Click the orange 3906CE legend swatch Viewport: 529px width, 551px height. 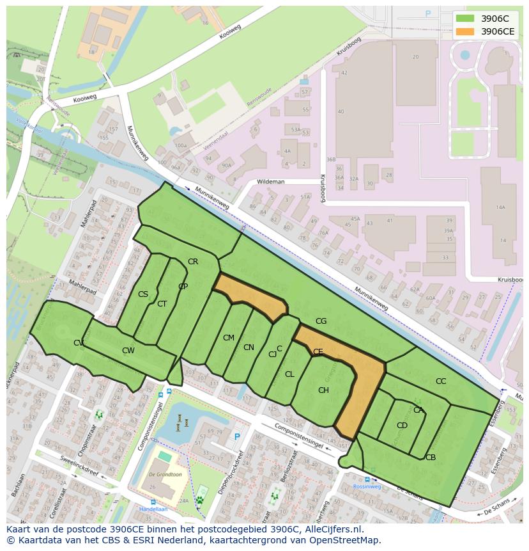pos(465,31)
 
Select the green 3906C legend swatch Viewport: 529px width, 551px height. pos(465,19)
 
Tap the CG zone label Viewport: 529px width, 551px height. pos(321,321)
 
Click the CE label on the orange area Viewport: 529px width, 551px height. pos(318,352)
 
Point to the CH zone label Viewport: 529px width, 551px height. pos(323,390)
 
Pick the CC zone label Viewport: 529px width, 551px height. pos(441,381)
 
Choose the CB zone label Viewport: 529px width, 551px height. pos(431,458)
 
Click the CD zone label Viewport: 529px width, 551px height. pos(402,426)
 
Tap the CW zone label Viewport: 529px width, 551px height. pos(128,351)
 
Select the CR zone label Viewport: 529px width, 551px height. pos(193,262)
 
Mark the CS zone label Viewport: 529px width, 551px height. pos(143,295)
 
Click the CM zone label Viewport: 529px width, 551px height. pos(228,338)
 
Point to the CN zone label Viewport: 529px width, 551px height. pos(249,347)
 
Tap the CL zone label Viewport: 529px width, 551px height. pos(289,374)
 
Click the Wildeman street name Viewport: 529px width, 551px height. pos(270,182)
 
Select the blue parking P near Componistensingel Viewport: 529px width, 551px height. pos(238,436)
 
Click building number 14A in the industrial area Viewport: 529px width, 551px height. pos(500,207)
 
